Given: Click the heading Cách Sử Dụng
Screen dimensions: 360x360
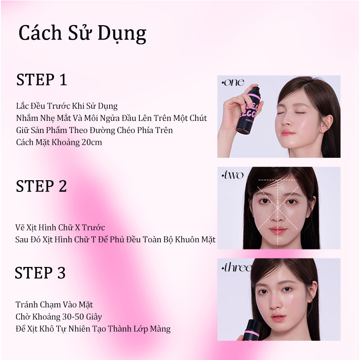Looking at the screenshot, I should click(x=82, y=34).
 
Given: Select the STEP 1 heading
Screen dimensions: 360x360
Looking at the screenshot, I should click(x=41, y=80).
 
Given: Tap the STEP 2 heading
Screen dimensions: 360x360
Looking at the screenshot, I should click(x=41, y=186).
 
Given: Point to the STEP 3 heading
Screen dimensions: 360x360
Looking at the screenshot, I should click(x=40, y=273).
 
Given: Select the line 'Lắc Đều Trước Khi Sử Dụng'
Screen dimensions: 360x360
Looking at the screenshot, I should click(x=66, y=106).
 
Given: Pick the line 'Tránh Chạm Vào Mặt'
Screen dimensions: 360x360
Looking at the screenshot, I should click(x=54, y=305).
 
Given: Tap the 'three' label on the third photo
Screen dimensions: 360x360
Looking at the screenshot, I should click(x=236, y=268).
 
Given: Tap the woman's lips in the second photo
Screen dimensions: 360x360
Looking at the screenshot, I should click(x=278, y=231).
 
